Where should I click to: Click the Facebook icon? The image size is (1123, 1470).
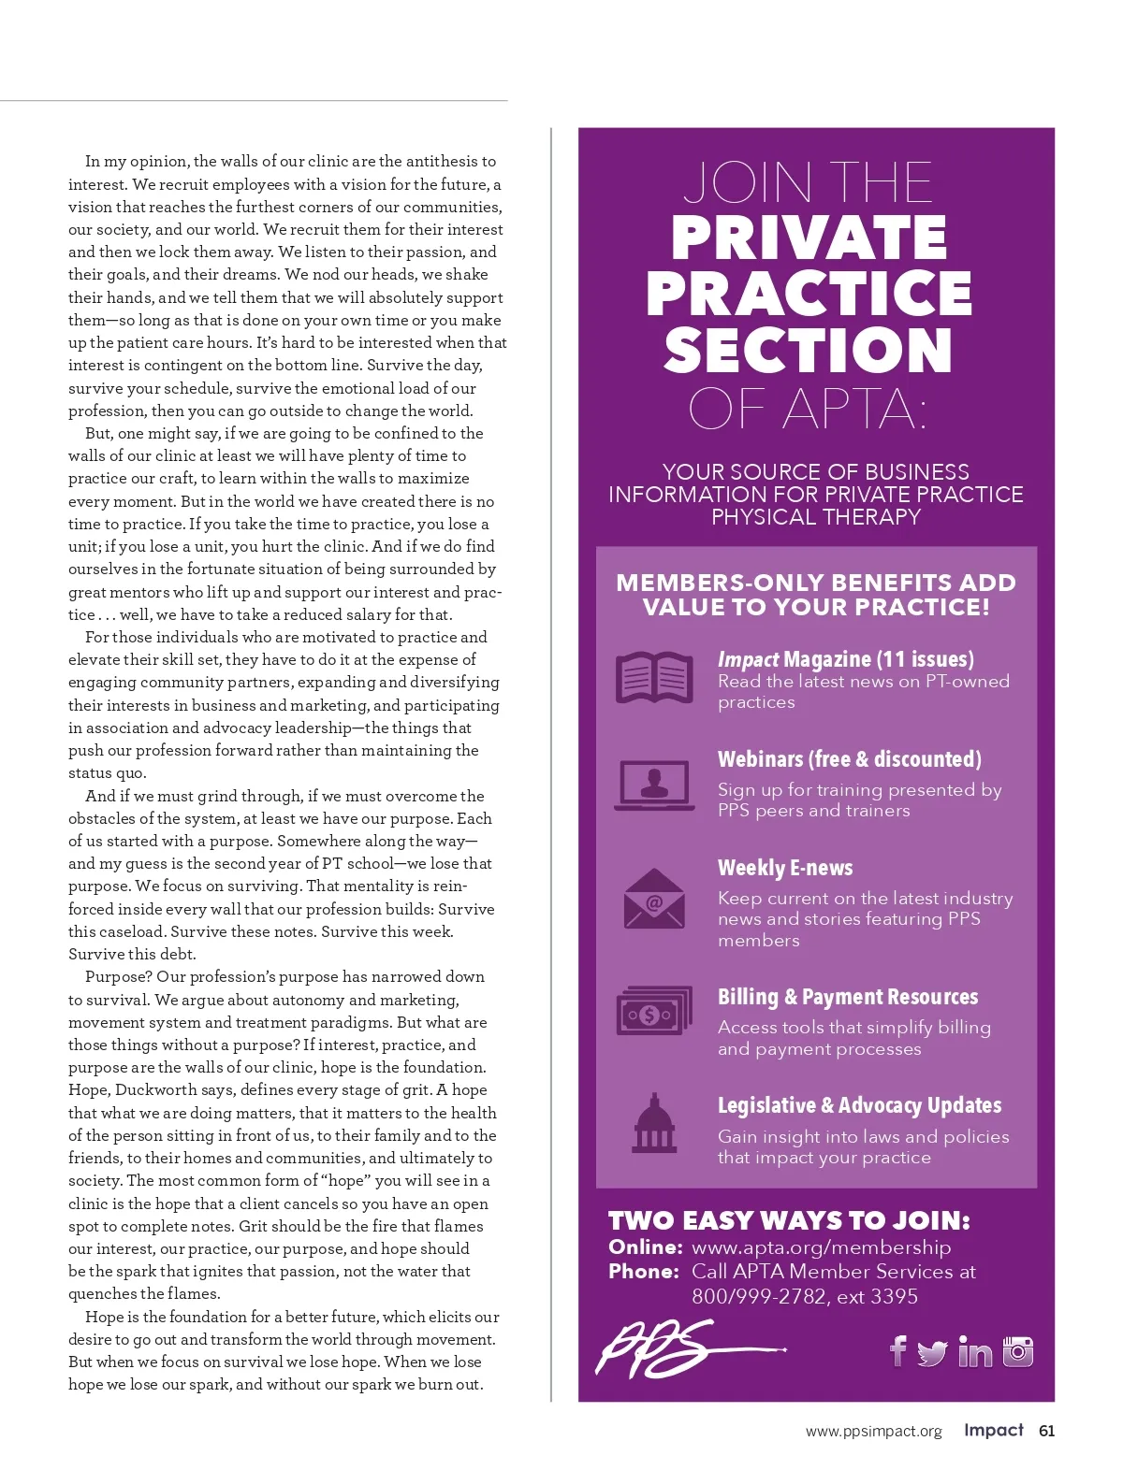point(898,1350)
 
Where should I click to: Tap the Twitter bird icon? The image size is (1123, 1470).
point(932,1353)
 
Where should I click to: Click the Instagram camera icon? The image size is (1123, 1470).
point(1018,1351)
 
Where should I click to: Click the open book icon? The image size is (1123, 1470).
point(654,677)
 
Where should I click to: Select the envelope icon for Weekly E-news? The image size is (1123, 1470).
point(654,900)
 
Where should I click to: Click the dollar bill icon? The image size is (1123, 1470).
point(654,1011)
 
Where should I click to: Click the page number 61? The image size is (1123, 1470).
point(1047,1431)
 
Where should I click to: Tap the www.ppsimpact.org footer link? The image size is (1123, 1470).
point(873,1432)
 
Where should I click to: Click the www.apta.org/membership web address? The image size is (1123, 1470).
point(821,1247)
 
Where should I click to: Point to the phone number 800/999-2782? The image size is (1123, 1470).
point(759,1297)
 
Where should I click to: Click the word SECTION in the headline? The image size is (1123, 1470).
point(809,351)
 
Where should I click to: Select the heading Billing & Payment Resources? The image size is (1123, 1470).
point(848,997)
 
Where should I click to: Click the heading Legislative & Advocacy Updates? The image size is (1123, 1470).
point(859,1105)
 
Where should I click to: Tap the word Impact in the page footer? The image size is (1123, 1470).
point(994,1430)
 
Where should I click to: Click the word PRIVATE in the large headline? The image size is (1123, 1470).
point(809,238)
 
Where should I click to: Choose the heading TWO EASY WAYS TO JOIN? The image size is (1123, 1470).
point(789,1220)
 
